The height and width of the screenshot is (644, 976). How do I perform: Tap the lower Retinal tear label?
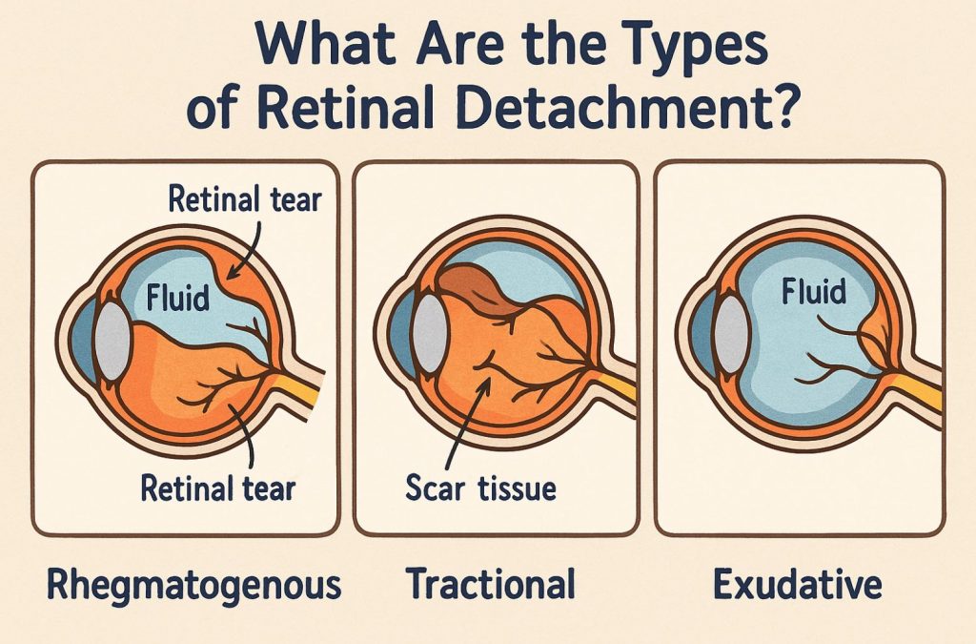(x=218, y=489)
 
